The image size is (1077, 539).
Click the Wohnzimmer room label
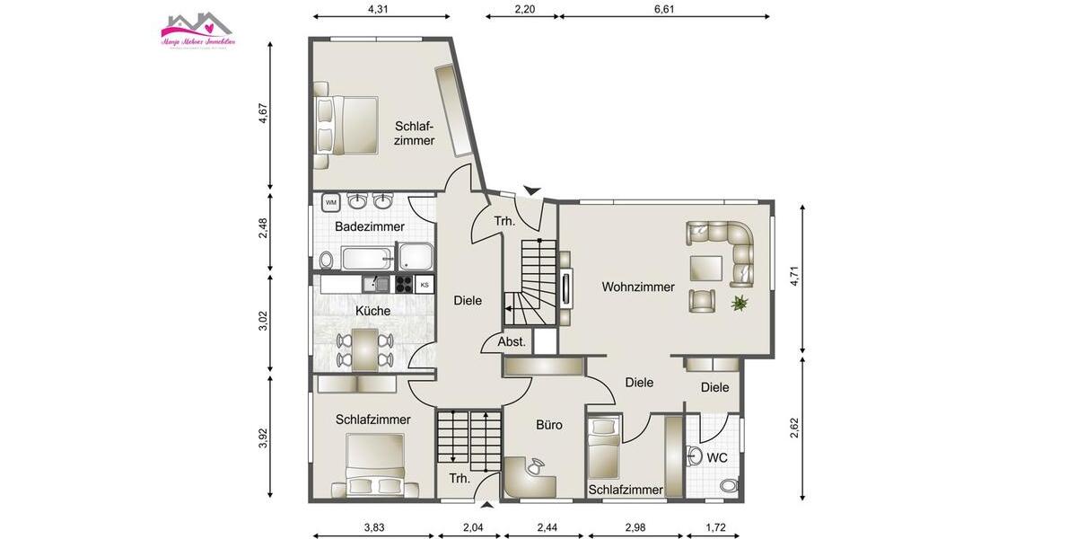(638, 287)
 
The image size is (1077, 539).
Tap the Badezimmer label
(369, 227)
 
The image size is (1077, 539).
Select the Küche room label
(372, 311)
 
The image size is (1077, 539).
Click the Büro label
(549, 425)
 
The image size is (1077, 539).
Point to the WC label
(717, 458)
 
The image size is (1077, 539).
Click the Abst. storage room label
(512, 342)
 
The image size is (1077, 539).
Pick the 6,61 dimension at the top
(664, 9)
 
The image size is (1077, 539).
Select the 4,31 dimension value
(381, 9)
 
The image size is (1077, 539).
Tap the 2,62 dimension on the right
(794, 428)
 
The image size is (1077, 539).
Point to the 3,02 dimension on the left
(263, 322)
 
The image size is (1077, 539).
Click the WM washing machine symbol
(330, 201)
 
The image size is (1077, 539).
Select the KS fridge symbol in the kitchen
(425, 285)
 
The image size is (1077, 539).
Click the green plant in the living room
(740, 304)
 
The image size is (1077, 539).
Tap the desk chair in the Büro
(535, 466)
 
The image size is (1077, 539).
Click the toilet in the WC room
(728, 486)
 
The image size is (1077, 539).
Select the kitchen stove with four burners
(403, 285)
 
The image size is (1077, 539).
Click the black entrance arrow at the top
(532, 190)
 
